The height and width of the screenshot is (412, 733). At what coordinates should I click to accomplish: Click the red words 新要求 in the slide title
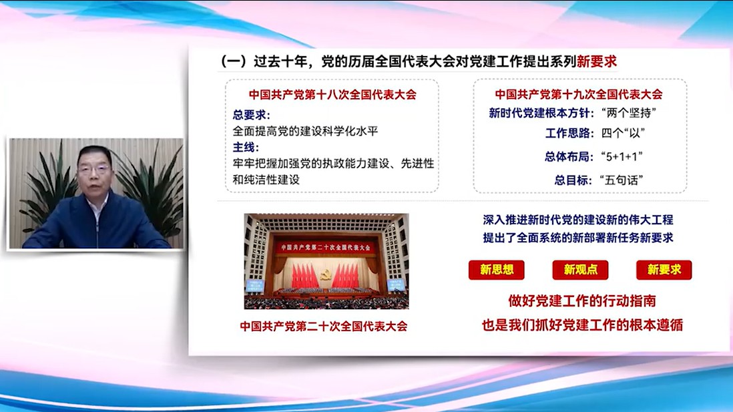pyautogui.click(x=597, y=61)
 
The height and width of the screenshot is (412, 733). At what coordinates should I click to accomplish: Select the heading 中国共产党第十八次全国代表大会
pyautogui.click(x=332, y=94)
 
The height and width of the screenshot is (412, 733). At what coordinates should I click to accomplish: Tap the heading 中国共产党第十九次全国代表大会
pyautogui.click(x=579, y=94)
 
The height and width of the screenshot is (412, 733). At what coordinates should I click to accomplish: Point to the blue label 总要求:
pyautogui.click(x=252, y=115)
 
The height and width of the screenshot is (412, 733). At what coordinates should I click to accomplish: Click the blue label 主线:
pyautogui.click(x=246, y=148)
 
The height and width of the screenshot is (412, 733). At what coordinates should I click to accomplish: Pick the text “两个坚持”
pyautogui.click(x=629, y=113)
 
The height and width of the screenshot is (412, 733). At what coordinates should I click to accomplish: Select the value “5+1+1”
pyautogui.click(x=622, y=156)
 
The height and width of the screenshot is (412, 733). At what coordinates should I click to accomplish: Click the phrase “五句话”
pyautogui.click(x=622, y=180)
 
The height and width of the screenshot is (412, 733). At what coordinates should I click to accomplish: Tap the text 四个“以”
pyautogui.click(x=623, y=133)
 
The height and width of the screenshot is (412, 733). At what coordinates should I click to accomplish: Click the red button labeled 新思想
pyautogui.click(x=497, y=270)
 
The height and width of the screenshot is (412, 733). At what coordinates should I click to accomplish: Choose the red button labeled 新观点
pyautogui.click(x=580, y=270)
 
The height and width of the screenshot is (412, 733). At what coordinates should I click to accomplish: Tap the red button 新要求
pyautogui.click(x=664, y=270)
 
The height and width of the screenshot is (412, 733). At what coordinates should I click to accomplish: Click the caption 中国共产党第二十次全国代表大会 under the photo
pyautogui.click(x=324, y=326)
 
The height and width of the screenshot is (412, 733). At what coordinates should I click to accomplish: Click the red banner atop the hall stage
pyautogui.click(x=326, y=247)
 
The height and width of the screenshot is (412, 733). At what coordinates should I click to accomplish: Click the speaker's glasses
pyautogui.click(x=95, y=169)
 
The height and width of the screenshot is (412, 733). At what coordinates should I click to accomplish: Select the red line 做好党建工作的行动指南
pyautogui.click(x=582, y=300)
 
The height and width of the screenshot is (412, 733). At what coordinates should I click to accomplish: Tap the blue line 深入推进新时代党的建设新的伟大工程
pyautogui.click(x=578, y=219)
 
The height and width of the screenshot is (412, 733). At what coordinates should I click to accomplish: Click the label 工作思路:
pyautogui.click(x=569, y=133)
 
